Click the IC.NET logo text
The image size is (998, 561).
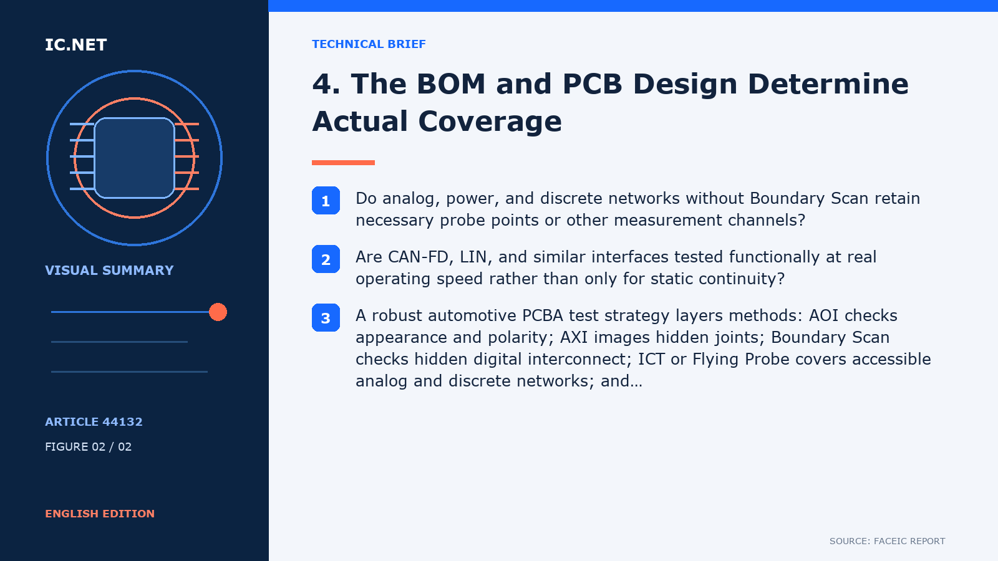(75, 45)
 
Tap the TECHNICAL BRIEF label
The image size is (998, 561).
(369, 44)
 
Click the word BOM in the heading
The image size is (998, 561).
(451, 84)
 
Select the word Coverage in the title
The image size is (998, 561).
(490, 122)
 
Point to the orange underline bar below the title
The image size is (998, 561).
(343, 163)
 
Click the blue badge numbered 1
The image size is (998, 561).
(326, 200)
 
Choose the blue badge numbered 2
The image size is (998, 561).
(326, 259)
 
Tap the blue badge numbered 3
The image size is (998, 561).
(326, 317)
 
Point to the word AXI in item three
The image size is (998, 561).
(574, 337)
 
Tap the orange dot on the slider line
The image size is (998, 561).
(218, 312)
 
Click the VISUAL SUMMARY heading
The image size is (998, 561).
(109, 271)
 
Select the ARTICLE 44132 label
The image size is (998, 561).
(94, 421)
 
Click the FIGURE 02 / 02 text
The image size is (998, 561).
(88, 446)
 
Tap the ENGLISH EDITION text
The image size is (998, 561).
(100, 514)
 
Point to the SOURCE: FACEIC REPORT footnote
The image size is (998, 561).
(887, 541)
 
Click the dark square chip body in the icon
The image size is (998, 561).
(134, 158)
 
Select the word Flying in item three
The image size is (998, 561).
(715, 359)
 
